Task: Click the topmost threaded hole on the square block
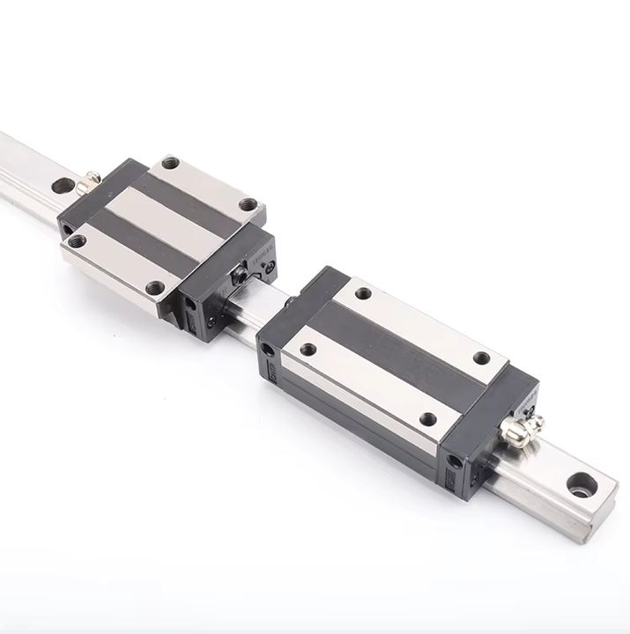pos(171,163)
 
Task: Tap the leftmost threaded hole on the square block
pos(78,240)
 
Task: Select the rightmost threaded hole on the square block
pos(249,204)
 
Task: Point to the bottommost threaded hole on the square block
pos(156,287)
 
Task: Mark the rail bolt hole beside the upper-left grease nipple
pos(63,186)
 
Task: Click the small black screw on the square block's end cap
pos(238,276)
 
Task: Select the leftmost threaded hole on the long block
pos(308,350)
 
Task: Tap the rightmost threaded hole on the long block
pos(481,358)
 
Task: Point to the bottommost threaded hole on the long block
pos(428,419)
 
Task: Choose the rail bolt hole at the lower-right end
pos(582,484)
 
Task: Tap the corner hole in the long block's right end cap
pos(455,461)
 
